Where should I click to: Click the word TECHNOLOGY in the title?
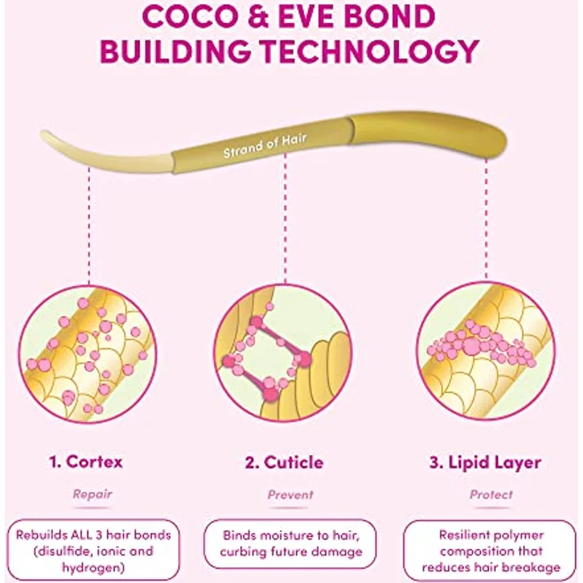click(x=371, y=51)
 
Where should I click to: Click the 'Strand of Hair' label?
click(x=265, y=146)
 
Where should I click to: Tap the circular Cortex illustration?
click(x=88, y=354)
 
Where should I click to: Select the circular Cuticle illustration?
click(x=283, y=352)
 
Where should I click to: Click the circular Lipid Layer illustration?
click(x=486, y=351)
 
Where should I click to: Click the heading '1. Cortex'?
click(x=86, y=462)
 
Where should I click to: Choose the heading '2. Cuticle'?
click(x=284, y=463)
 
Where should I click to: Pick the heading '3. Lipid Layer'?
click(x=486, y=463)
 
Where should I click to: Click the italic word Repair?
click(x=92, y=493)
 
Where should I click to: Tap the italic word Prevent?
click(x=291, y=494)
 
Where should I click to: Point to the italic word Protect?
click(x=491, y=494)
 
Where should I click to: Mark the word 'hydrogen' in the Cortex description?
click(x=93, y=568)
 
